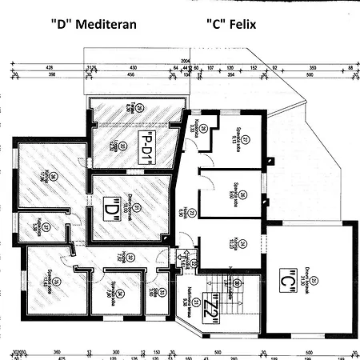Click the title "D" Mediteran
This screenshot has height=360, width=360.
[90, 24]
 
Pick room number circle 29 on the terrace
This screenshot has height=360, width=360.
[138, 108]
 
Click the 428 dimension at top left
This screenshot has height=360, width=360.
[49, 68]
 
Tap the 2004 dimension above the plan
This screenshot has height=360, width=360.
[186, 59]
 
